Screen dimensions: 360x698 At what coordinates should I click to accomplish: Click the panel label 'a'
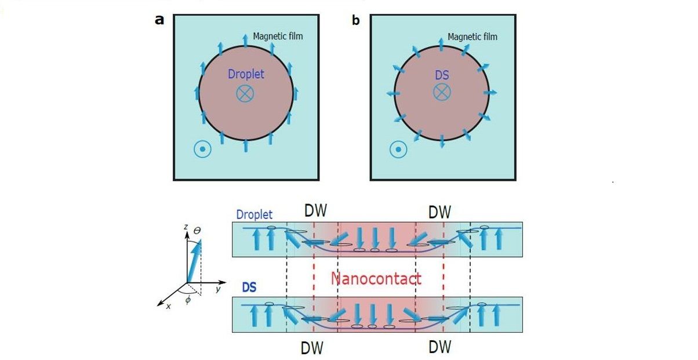click(x=159, y=20)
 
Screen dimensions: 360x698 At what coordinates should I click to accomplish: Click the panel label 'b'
click(x=356, y=20)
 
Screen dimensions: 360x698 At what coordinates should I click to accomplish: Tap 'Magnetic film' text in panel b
click(x=472, y=37)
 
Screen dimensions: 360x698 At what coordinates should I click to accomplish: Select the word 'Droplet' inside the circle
click(x=246, y=74)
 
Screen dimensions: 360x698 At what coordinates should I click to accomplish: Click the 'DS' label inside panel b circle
click(x=442, y=75)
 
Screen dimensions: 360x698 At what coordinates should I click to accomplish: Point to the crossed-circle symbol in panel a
click(x=246, y=93)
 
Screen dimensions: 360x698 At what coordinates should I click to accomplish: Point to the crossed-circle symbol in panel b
click(x=442, y=92)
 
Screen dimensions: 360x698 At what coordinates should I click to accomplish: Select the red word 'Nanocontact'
click(x=376, y=279)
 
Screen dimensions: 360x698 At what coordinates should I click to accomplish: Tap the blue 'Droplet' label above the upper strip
click(x=255, y=214)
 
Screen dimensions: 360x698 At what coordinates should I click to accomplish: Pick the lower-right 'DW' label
click(x=440, y=347)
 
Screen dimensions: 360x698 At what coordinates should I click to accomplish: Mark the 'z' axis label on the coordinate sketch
click(x=186, y=228)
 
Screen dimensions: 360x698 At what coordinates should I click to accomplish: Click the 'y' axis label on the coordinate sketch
click(x=218, y=289)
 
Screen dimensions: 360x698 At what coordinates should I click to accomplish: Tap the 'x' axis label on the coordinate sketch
click(x=169, y=306)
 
